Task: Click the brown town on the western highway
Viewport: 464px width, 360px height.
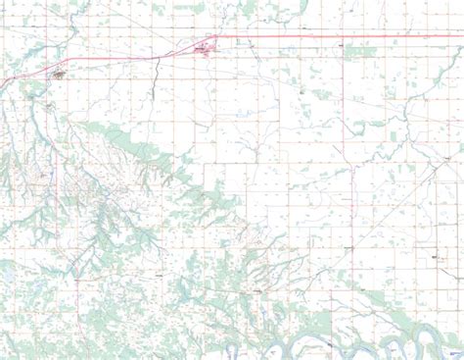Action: pos(58,74)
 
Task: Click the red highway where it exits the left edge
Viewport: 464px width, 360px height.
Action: pos(2,81)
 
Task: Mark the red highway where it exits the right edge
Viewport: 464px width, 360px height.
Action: pos(461,37)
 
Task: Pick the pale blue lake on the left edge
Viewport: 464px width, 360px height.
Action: pos(4,275)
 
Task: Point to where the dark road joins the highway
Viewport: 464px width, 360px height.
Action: pos(159,56)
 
